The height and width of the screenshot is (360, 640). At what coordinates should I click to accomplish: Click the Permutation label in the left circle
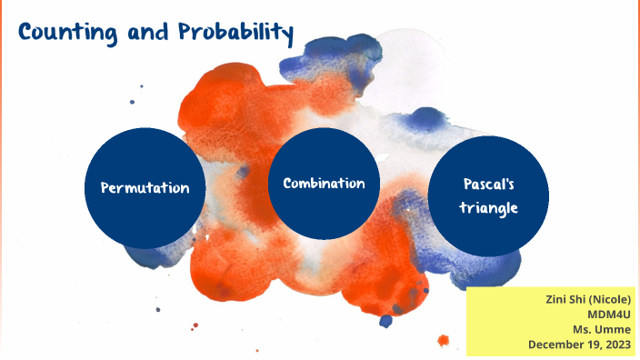145,188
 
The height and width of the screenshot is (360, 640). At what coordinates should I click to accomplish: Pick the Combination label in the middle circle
324,184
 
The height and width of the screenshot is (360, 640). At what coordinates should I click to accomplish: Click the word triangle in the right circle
488,208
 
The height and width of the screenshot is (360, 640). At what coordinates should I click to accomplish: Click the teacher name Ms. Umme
602,329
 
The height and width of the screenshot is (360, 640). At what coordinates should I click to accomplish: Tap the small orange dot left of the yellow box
443,341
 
